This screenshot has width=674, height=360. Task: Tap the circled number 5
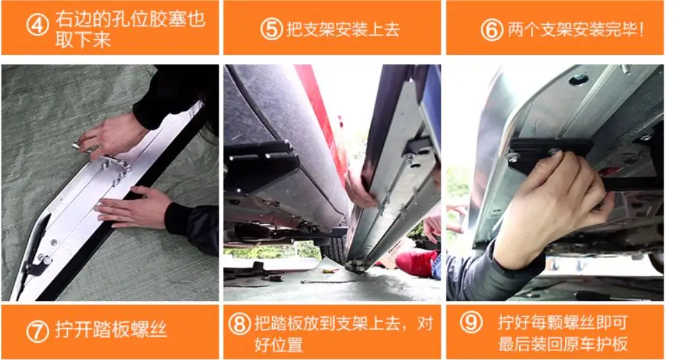[x=271, y=29]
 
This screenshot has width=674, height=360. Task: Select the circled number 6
[x=491, y=29]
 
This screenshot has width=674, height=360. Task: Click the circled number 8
[x=240, y=324]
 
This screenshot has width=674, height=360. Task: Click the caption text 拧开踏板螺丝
[x=111, y=330]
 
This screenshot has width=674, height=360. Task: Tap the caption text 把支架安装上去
[x=342, y=29]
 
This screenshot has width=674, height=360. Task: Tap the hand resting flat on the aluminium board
[x=132, y=207]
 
